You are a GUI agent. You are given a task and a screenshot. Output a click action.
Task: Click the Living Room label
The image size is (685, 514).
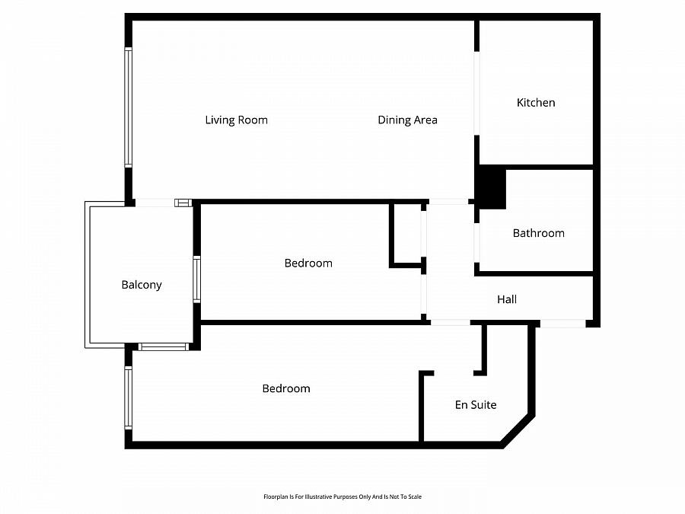point(236,120)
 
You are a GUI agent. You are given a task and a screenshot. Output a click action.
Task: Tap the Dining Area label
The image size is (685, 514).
point(407,120)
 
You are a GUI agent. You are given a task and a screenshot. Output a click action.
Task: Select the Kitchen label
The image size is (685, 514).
point(536,103)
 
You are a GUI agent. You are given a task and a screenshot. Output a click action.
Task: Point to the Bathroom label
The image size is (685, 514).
point(538,233)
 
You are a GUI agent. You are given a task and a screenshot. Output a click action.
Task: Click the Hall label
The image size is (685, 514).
point(507,299)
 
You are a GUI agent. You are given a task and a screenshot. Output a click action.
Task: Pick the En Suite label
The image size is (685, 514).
point(476,405)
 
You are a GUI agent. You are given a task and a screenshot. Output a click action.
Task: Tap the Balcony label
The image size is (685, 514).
point(142,285)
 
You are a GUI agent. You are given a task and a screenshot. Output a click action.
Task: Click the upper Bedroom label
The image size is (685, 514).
point(308,263)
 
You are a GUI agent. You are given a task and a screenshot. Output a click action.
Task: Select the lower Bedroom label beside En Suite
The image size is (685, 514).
point(286,388)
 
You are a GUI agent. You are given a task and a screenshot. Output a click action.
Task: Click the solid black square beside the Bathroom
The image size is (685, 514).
point(491,187)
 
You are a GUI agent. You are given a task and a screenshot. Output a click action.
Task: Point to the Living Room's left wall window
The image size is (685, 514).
point(129,107)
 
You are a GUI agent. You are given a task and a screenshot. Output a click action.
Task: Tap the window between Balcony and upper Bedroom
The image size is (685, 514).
point(196,279)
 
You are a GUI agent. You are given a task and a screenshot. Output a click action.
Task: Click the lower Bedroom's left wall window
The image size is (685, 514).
point(129,397)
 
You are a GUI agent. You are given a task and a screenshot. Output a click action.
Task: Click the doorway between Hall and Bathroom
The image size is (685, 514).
point(476,244)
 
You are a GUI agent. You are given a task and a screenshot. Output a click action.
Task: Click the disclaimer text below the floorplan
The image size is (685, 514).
point(342,496)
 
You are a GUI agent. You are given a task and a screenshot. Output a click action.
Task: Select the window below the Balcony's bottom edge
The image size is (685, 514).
point(163,347)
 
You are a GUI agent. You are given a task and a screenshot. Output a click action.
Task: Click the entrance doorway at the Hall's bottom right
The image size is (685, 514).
point(562,324)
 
